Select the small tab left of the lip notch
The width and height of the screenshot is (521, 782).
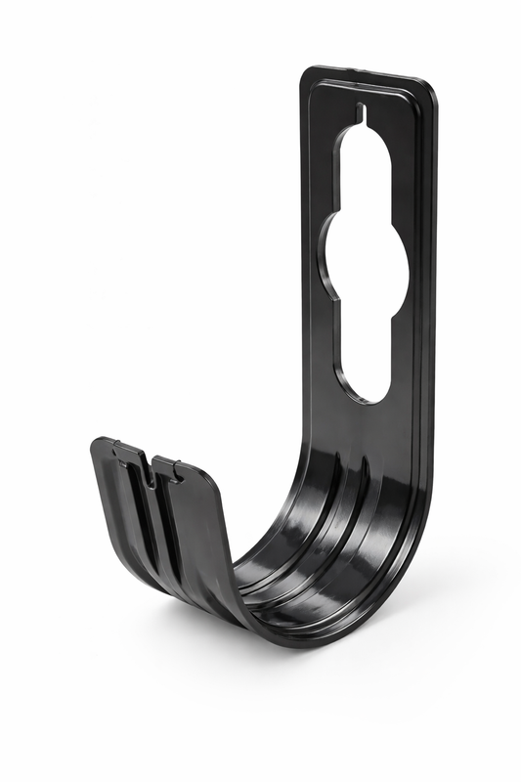[x=125, y=452]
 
